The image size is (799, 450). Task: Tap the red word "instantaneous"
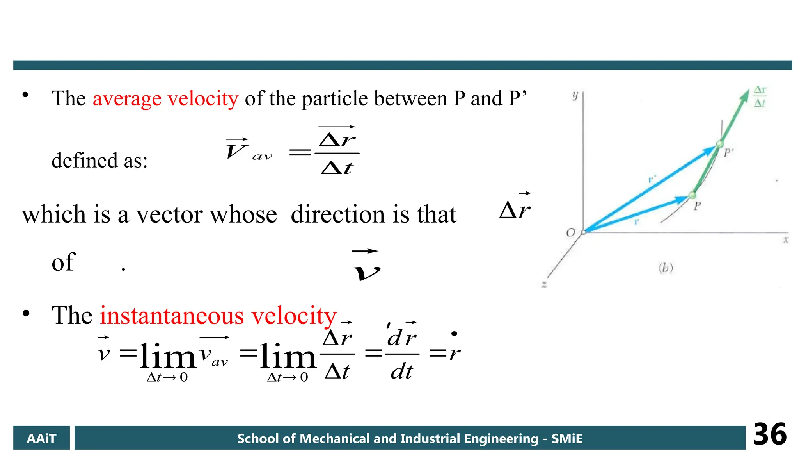172,316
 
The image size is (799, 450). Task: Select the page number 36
770,434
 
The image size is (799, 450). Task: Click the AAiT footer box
41,438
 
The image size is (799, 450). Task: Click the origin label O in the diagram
570,233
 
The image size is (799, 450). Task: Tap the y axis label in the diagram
575,95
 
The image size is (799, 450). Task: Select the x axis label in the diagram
786,240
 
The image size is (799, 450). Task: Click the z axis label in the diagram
544,285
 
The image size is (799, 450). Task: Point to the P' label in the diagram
728,153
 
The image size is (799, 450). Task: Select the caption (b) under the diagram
666,268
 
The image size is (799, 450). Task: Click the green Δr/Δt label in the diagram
760,96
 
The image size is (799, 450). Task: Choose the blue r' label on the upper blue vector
652,179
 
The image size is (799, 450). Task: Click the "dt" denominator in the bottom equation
401,371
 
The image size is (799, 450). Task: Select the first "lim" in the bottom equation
167,356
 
